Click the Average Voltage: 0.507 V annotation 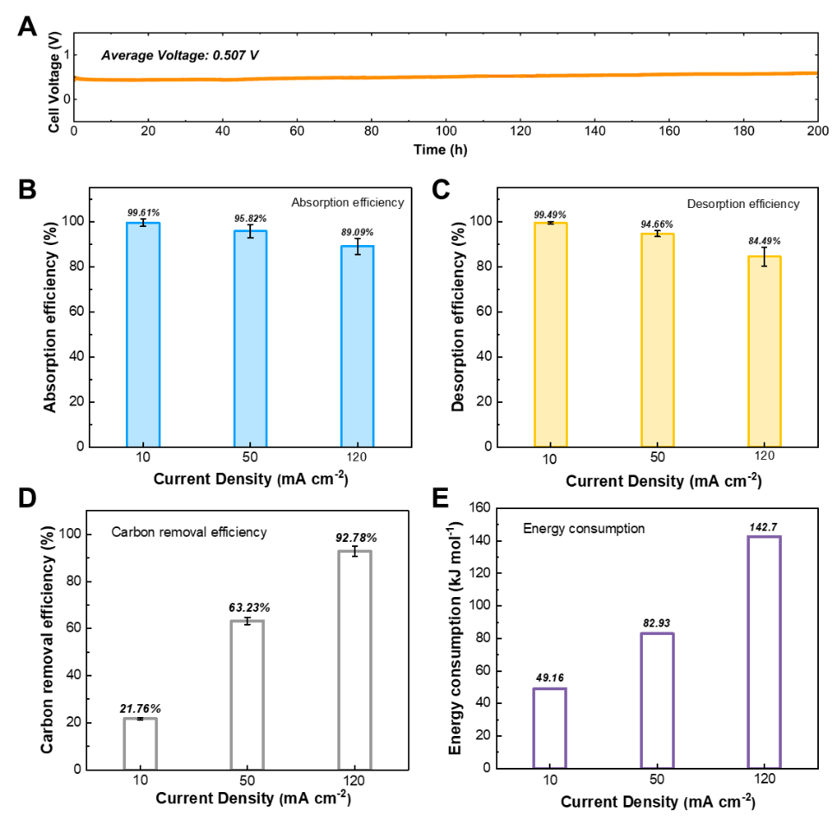[x=179, y=55]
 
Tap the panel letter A [x=28, y=27]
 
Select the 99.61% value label [x=143, y=211]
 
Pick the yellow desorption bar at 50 [x=658, y=339]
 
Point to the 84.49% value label [x=765, y=241]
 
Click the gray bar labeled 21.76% [x=141, y=743]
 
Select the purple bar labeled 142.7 [x=765, y=651]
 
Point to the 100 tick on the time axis [x=445, y=132]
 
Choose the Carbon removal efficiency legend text [x=189, y=532]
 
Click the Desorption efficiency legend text [x=743, y=204]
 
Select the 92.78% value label [x=356, y=538]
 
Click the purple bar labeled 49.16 [x=550, y=727]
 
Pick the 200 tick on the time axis [x=817, y=132]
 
